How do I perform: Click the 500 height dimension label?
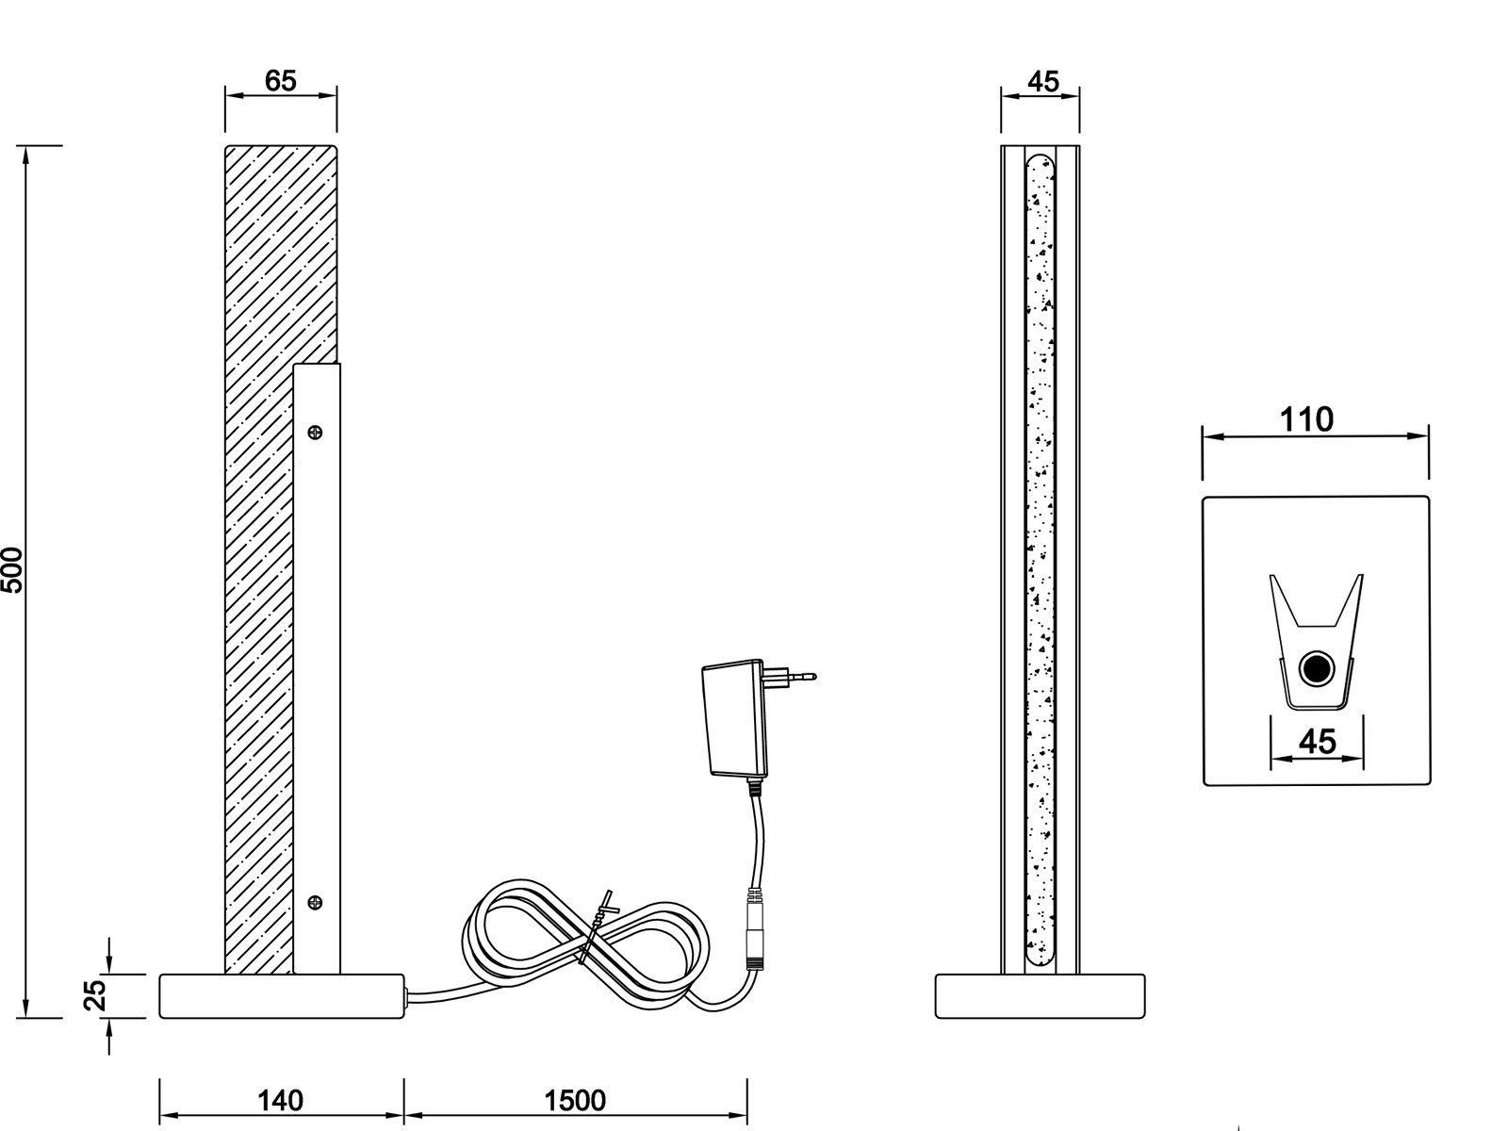coord(11,570)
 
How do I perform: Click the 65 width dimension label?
coord(280,81)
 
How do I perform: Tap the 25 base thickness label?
coord(95,994)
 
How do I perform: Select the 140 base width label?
coord(280,1101)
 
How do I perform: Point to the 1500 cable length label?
coord(575,1101)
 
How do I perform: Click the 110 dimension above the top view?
coord(1306,419)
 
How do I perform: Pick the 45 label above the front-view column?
coord(1043,82)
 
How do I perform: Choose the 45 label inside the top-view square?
coord(1318,742)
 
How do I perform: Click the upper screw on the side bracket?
coord(315,432)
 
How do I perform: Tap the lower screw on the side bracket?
coord(315,902)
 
